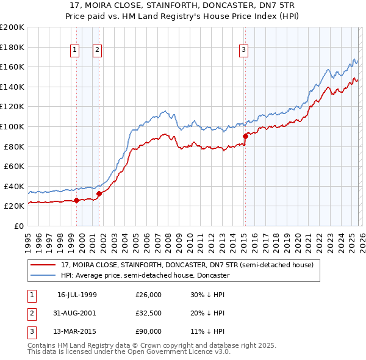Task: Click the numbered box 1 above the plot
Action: coord(74,51)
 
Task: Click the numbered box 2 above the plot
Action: coord(97,51)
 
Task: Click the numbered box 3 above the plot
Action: coord(243,51)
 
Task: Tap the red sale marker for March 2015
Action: coord(245,136)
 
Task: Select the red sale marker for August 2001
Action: coord(99,193)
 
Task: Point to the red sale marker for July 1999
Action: coord(76,200)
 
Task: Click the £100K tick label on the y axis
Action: coord(12,126)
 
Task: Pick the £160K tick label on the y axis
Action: coord(12,67)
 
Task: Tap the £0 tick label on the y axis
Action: coord(18,226)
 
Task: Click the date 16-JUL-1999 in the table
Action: coord(76,295)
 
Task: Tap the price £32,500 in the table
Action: coord(148,313)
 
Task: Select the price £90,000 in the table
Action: coord(148,331)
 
